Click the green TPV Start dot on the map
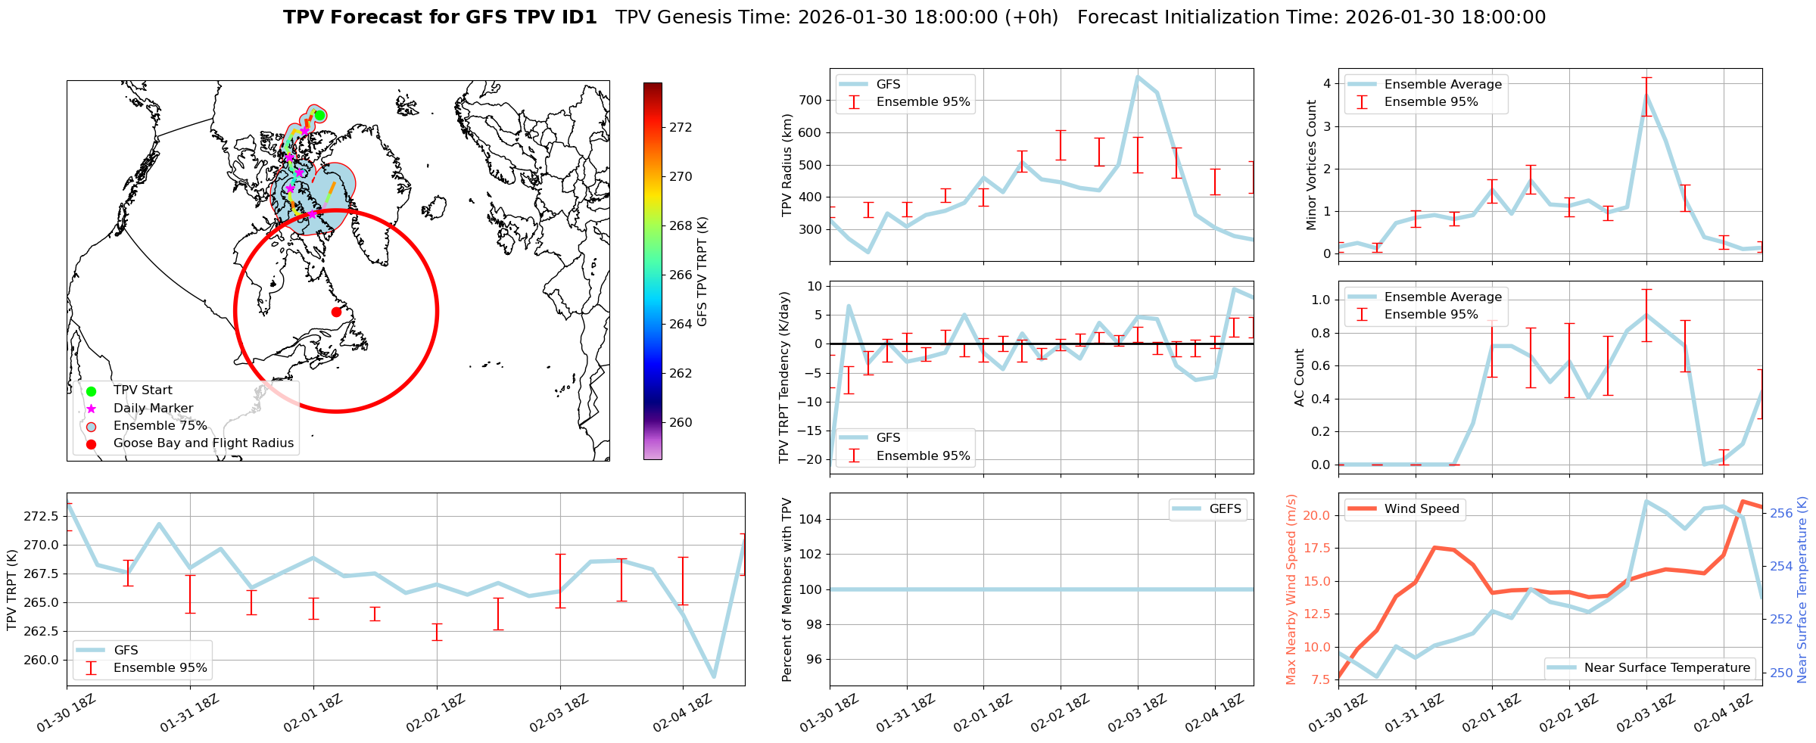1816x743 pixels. pyautogui.click(x=319, y=115)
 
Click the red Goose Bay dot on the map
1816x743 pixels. pyautogui.click(x=336, y=312)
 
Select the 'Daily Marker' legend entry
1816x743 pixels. pyautogui.click(x=153, y=408)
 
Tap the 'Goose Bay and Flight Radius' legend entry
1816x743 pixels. pyautogui.click(x=203, y=443)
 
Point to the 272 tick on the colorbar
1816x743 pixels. pyautogui.click(x=681, y=127)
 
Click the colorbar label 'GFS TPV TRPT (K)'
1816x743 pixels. pyautogui.click(x=702, y=272)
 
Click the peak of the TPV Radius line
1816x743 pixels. pyautogui.click(x=1138, y=76)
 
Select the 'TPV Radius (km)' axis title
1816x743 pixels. pyautogui.click(x=787, y=165)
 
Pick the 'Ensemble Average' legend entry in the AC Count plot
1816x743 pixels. pyautogui.click(x=1442, y=297)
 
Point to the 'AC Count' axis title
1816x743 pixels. pyautogui.click(x=1300, y=378)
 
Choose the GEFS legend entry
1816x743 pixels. pyautogui.click(x=1225, y=509)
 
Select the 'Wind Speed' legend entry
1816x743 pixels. pyautogui.click(x=1421, y=509)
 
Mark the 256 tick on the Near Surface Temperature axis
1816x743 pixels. pyautogui.click(x=1782, y=513)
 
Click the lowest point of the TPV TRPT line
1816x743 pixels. pyautogui.click(x=714, y=676)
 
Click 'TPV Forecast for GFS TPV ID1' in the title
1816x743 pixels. pyautogui.click(x=440, y=17)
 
